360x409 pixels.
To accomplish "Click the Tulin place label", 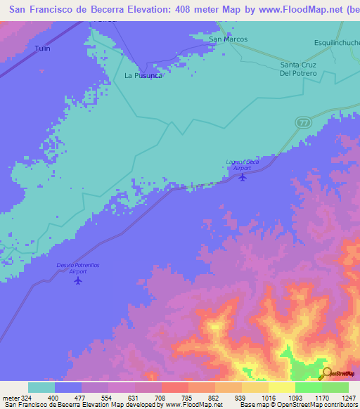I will pos(43,48).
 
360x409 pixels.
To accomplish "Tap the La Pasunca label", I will pos(143,74).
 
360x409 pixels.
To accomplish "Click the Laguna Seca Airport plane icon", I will pos(243,176).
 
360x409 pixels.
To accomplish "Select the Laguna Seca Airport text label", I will pos(238,165).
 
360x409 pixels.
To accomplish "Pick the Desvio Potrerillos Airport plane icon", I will pos(78,280).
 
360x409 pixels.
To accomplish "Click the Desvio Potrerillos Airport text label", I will pos(78,268).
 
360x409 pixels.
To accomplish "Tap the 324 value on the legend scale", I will pos(22,397).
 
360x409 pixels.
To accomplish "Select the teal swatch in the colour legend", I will pos(41,387).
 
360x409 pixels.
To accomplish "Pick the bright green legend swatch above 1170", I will pos(309,387).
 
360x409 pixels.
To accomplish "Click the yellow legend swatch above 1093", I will pos(282,387).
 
